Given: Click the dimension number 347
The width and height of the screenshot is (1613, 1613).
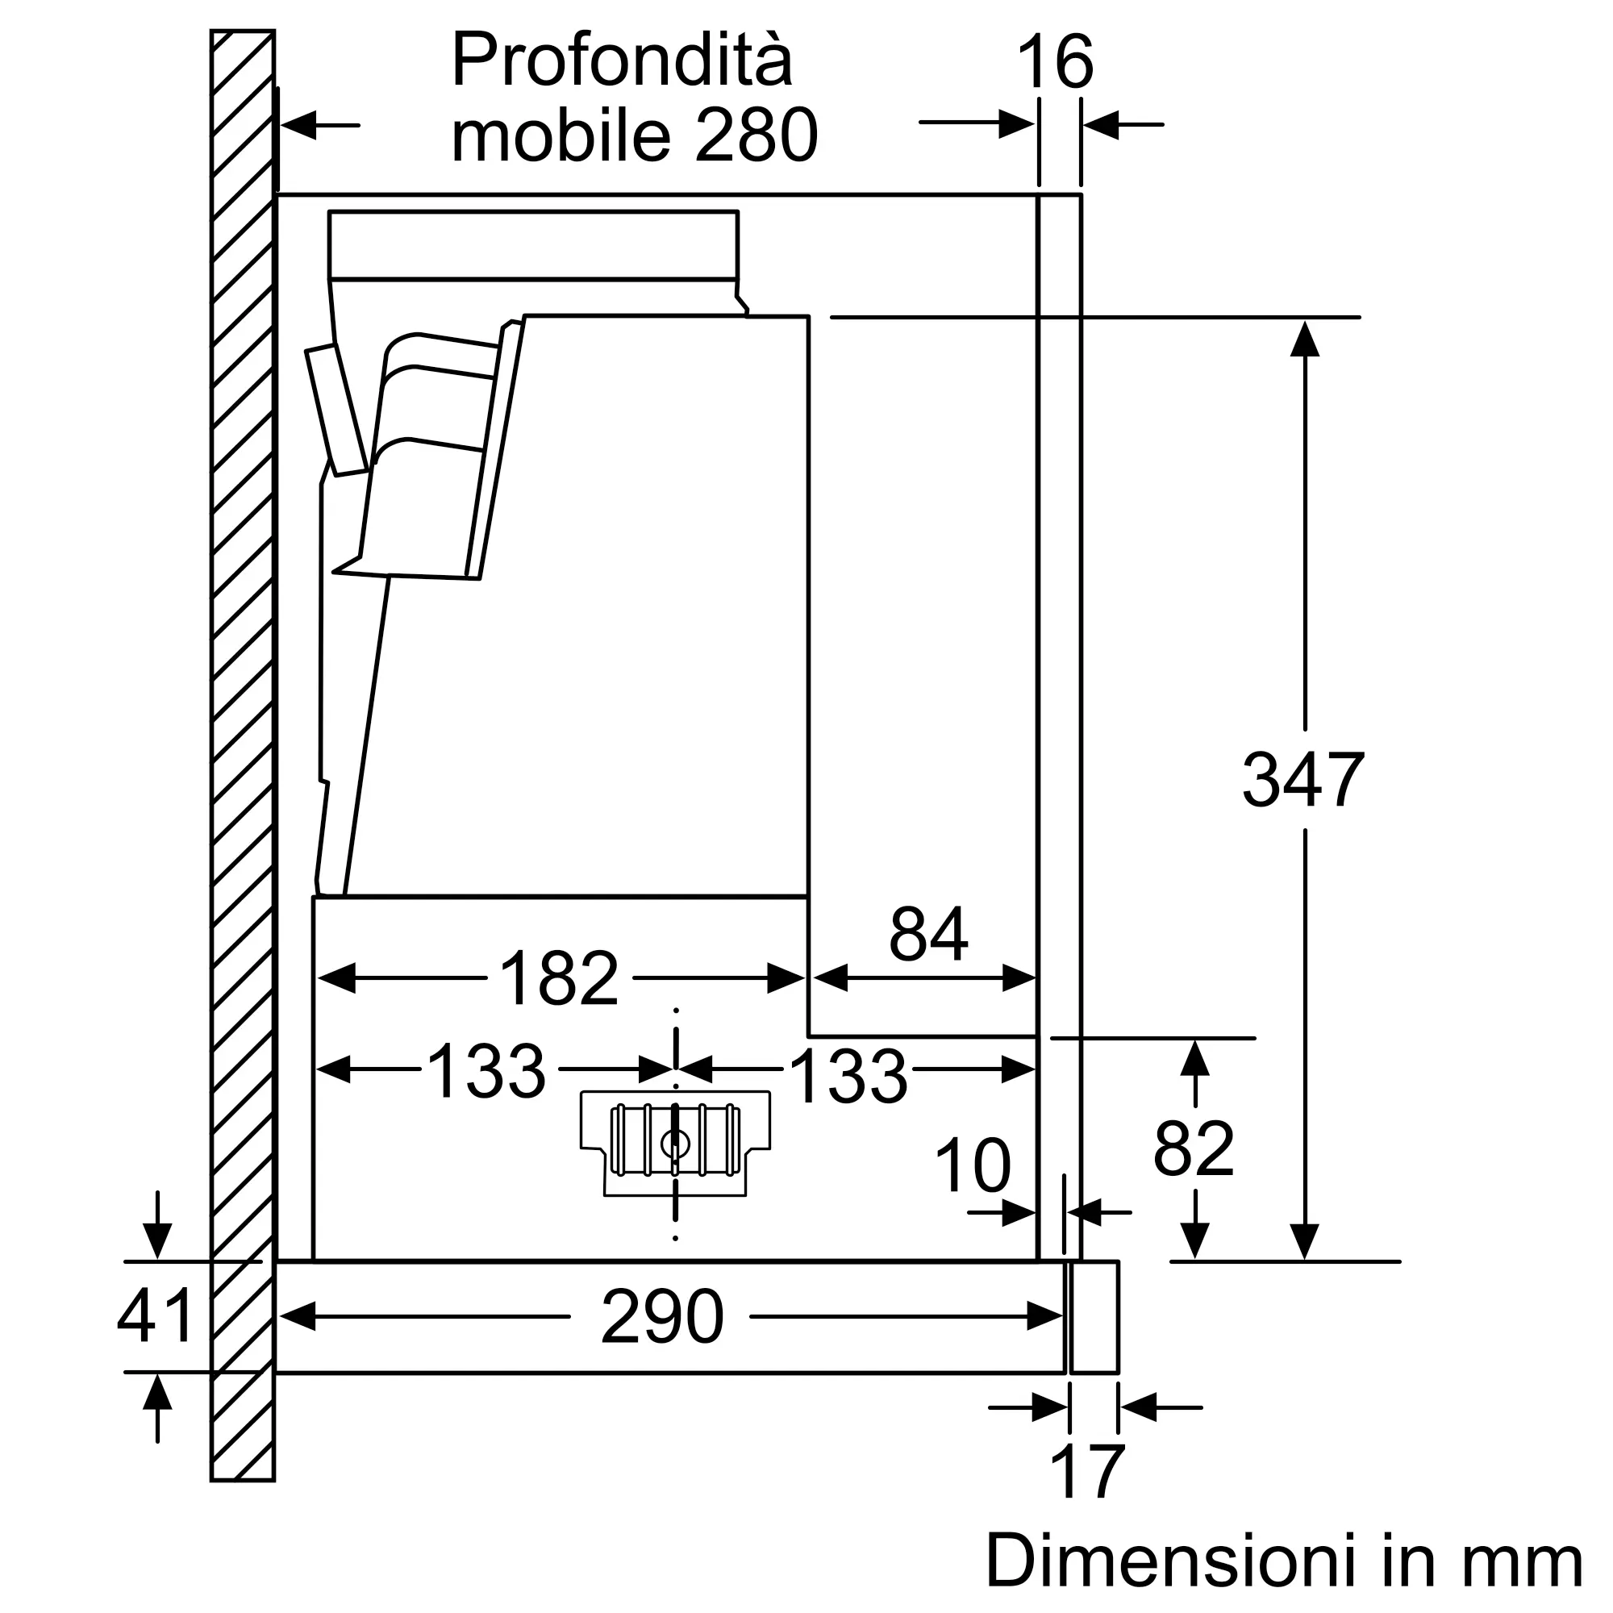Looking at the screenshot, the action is click(1303, 779).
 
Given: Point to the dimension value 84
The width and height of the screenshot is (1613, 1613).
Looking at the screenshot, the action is click(928, 934).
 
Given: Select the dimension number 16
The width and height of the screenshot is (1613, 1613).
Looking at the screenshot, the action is click(1055, 62).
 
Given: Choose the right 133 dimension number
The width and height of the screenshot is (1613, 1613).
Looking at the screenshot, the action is click(848, 1077).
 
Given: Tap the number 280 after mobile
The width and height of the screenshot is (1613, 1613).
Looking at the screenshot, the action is click(756, 135).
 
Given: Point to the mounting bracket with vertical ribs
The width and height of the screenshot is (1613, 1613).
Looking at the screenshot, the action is click(675, 1142).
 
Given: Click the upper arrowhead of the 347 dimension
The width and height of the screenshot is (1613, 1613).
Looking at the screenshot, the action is click(1304, 337).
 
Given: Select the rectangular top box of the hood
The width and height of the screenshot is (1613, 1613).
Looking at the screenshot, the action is click(533, 244).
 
